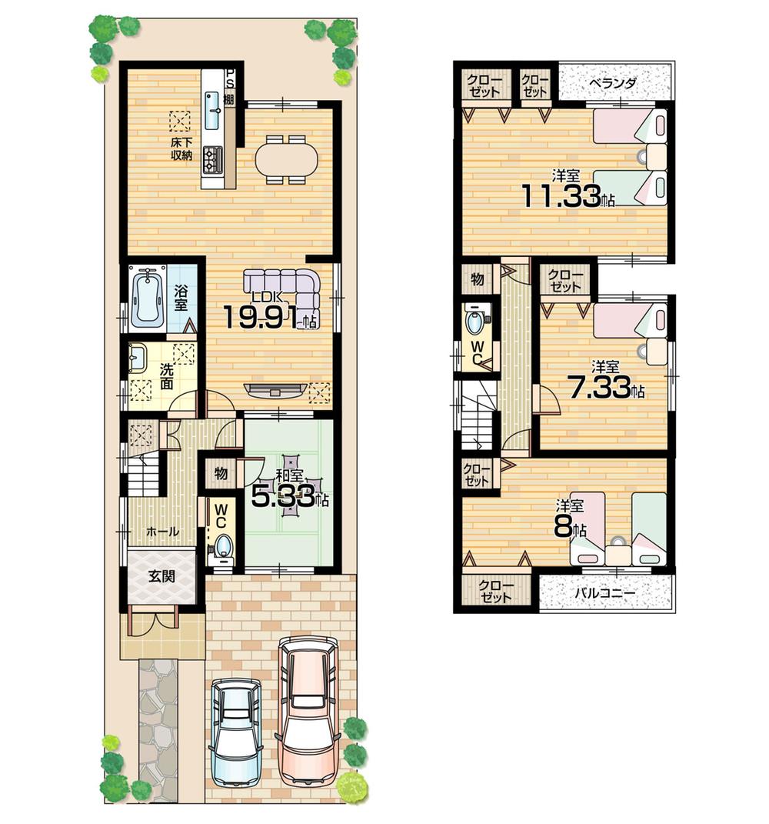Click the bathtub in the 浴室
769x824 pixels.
(x=148, y=298)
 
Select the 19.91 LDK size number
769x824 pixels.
(x=260, y=316)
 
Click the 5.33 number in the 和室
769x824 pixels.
(x=282, y=498)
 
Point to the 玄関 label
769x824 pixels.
(x=161, y=575)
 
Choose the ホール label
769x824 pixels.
(x=161, y=531)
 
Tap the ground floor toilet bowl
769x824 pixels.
(x=223, y=546)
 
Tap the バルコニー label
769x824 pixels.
(x=606, y=594)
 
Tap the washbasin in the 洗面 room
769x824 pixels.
(x=138, y=357)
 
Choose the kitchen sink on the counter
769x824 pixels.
(x=214, y=111)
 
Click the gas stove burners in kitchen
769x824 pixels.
(x=212, y=159)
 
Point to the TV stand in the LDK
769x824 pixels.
(x=275, y=389)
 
